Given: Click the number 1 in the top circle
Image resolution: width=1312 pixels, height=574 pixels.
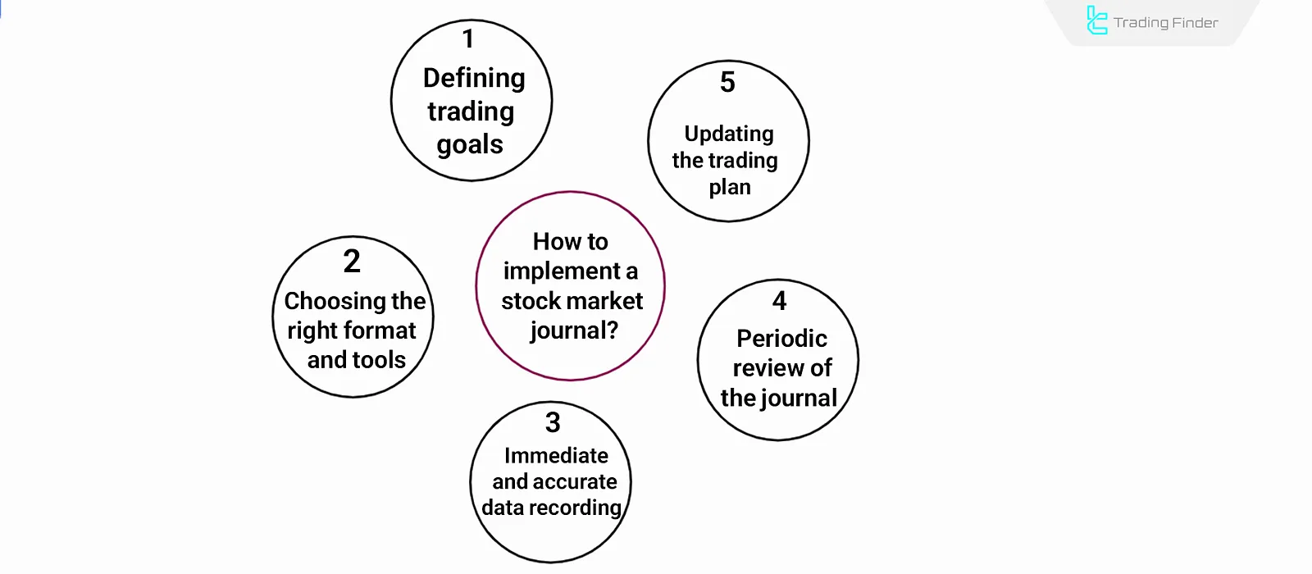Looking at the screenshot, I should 468,39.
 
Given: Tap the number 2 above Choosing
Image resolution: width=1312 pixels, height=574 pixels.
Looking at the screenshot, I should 352,262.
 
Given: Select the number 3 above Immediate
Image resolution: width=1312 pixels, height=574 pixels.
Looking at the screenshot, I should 553,423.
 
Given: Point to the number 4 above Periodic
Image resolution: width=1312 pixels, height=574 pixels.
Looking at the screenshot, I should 779,302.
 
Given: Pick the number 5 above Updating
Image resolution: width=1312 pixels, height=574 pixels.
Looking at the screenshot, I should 727,82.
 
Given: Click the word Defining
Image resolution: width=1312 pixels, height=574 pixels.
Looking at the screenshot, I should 474,78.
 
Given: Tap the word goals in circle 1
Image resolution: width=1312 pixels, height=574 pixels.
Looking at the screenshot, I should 470,145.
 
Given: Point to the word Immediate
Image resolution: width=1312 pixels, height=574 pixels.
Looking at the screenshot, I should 556,455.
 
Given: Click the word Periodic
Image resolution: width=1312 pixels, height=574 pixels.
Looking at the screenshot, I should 781,339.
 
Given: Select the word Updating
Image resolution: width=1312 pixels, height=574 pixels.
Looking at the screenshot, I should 729,134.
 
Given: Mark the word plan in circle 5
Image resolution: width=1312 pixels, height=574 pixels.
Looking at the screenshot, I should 730,188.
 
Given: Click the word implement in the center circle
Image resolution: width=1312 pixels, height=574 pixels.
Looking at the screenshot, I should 562,271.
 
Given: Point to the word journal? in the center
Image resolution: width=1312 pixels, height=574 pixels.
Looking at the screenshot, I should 574,330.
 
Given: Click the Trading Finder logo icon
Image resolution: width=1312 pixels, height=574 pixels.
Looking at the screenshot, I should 1096,20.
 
